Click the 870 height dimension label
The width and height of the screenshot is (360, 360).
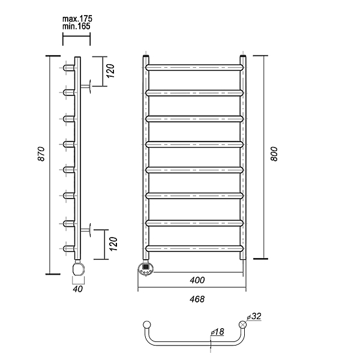(x=41, y=154)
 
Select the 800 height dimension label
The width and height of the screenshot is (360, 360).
(x=274, y=154)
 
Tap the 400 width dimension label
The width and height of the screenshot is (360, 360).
(x=197, y=280)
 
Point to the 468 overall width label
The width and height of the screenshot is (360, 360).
(x=197, y=299)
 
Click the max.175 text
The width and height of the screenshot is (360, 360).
(x=77, y=19)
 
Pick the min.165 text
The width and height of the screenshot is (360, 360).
(x=76, y=26)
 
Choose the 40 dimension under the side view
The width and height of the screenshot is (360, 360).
(x=77, y=289)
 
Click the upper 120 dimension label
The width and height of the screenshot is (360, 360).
(x=110, y=71)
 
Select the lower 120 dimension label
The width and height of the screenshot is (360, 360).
(x=113, y=244)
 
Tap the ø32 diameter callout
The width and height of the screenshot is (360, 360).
(x=254, y=316)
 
